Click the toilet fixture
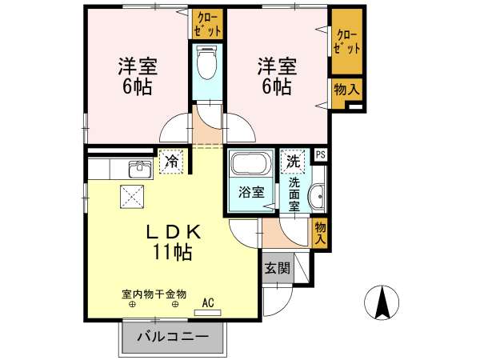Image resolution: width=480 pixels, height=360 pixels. (x=207, y=62)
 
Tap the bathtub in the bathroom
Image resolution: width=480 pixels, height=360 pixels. (x=252, y=163)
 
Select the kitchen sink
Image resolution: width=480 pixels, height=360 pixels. (x=140, y=169)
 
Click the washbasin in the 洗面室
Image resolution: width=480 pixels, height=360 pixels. (x=317, y=197)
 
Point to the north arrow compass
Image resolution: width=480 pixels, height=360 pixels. (x=382, y=302)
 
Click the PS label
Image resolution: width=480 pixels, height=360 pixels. (x=321, y=155)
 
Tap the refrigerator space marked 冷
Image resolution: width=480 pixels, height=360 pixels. (x=171, y=162)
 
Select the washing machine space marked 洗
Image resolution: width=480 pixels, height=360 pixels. (x=293, y=162)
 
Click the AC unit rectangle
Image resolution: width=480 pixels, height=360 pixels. (x=207, y=313)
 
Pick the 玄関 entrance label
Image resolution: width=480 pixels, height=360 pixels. (x=277, y=268)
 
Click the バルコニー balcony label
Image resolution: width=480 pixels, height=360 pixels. (x=173, y=337)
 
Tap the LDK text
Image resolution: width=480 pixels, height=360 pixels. (x=174, y=232)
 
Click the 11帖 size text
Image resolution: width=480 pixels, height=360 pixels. (x=172, y=252)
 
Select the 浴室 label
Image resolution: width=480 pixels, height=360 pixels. (x=251, y=192)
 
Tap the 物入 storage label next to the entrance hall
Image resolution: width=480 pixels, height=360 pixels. (x=320, y=233)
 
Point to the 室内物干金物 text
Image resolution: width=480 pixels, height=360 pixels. (x=154, y=294)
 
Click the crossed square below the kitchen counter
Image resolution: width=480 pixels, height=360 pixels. (x=132, y=197)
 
